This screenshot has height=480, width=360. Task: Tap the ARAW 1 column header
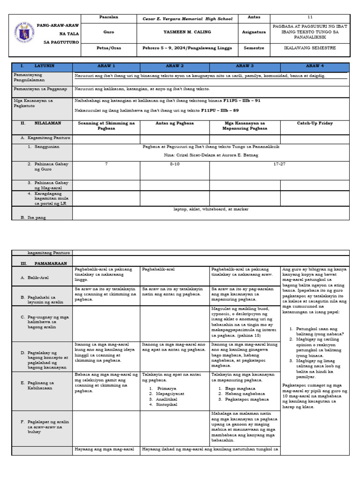pyautogui.click(x=106, y=67)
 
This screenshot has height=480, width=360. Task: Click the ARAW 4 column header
pyautogui.click(x=315, y=67)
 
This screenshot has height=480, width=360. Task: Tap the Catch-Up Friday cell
pyautogui.click(x=315, y=123)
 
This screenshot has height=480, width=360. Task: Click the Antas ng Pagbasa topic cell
pyautogui.click(x=175, y=123)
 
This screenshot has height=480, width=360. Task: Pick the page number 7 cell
pyautogui.click(x=106, y=164)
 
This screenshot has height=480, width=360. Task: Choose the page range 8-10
pyautogui.click(x=175, y=164)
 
